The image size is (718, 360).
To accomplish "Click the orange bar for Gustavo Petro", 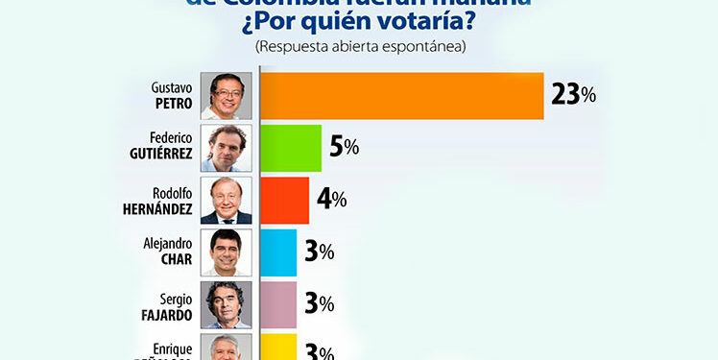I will pyautogui.click(x=401, y=95).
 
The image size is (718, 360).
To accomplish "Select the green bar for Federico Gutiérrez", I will pyautogui.click(x=291, y=148).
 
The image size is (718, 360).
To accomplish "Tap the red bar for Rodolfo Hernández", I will pyautogui.click(x=284, y=200).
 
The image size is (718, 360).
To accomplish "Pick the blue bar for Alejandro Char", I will pyautogui.click(x=278, y=252).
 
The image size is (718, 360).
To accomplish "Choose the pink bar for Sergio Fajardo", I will pyautogui.click(x=278, y=304).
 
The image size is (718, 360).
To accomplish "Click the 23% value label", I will pyautogui.click(x=574, y=95).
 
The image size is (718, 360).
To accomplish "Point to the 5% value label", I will pyautogui.click(x=345, y=148).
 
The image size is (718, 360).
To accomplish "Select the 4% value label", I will pyautogui.click(x=332, y=200).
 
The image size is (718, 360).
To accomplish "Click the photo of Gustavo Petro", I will pyautogui.click(x=226, y=95).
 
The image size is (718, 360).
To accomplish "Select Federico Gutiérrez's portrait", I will pyautogui.click(x=226, y=148).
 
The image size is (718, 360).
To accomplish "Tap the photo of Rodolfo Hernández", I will pyautogui.click(x=226, y=200).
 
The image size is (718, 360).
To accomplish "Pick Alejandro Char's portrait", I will pyautogui.click(x=226, y=252).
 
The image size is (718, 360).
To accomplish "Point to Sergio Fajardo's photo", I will pyautogui.click(x=226, y=304).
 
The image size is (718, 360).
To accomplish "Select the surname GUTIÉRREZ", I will pyautogui.click(x=162, y=155).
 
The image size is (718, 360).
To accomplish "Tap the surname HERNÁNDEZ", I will pyautogui.click(x=159, y=207).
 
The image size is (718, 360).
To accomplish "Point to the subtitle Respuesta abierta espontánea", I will pyautogui.click(x=359, y=45).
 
